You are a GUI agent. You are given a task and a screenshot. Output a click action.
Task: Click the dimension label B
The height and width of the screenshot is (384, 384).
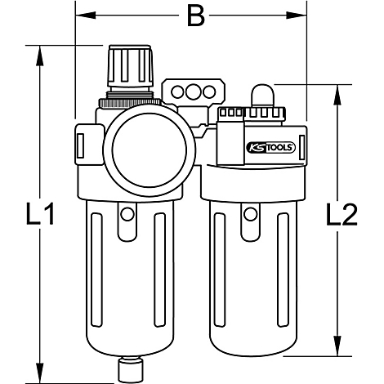point(196,16)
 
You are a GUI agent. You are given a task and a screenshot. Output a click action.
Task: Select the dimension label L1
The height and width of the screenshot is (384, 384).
point(40,213)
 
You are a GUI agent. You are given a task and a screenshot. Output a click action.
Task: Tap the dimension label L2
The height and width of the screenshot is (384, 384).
point(342,215)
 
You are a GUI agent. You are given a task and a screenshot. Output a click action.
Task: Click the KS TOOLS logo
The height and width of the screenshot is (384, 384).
point(270,148)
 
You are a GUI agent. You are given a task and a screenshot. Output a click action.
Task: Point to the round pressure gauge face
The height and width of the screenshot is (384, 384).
point(150,150)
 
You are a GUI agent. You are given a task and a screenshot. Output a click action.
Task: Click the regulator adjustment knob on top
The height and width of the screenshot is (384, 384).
point(131,66)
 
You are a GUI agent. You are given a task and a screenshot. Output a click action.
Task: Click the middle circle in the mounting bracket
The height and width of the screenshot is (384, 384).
point(193,92)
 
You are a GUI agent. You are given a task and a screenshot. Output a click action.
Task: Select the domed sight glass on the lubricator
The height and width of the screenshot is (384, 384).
point(262,95)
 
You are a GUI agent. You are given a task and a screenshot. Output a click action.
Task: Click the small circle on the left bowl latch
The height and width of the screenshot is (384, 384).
point(127,214)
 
